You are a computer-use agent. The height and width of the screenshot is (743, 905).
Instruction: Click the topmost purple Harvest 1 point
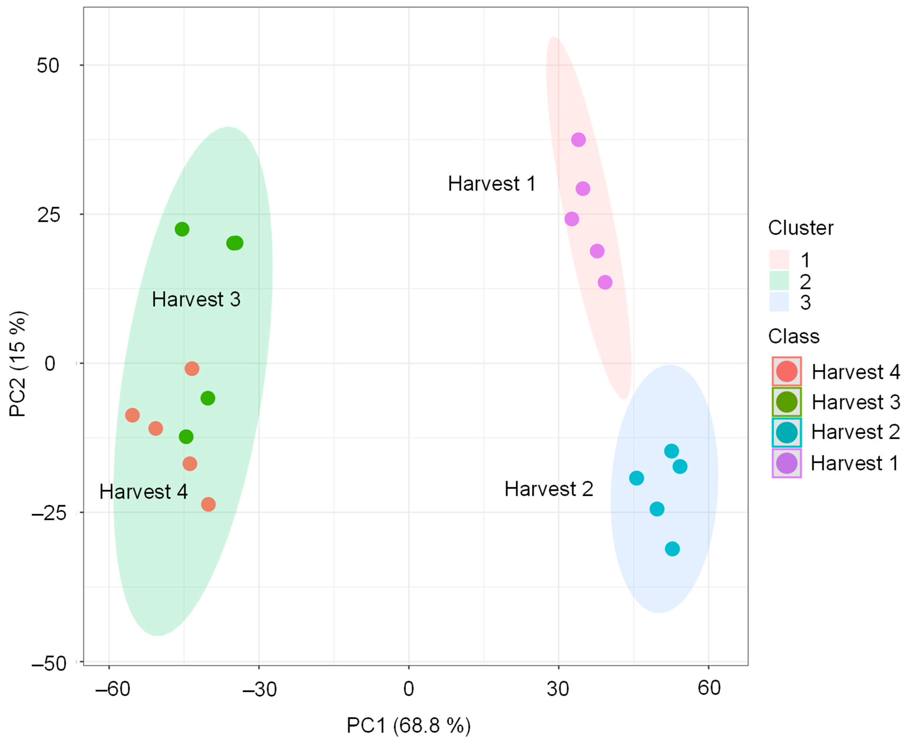[578, 140]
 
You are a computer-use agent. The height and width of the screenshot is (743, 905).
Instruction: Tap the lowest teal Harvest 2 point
[672, 549]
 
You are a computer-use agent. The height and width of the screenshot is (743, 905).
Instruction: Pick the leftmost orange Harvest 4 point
[132, 415]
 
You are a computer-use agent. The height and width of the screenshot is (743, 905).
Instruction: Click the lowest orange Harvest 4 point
[208, 504]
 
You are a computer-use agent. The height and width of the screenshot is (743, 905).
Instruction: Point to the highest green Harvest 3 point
[182, 229]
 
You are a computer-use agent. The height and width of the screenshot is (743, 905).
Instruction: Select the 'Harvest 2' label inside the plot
[549, 489]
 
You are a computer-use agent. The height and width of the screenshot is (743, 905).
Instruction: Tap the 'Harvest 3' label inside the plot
[196, 299]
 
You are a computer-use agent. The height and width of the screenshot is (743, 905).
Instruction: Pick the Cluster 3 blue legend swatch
[779, 302]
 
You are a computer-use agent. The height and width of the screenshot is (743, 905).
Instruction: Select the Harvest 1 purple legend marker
[786, 463]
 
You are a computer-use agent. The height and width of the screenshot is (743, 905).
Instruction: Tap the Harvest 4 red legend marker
[786, 371]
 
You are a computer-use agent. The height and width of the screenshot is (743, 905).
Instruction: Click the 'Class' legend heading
[794, 337]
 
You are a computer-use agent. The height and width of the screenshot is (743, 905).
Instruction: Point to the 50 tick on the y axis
[48, 65]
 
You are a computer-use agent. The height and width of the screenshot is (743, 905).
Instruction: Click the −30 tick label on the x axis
[259, 690]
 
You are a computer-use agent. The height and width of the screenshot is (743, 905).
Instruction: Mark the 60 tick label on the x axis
[709, 688]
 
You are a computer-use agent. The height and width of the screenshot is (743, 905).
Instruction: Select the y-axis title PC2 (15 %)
[19, 364]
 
